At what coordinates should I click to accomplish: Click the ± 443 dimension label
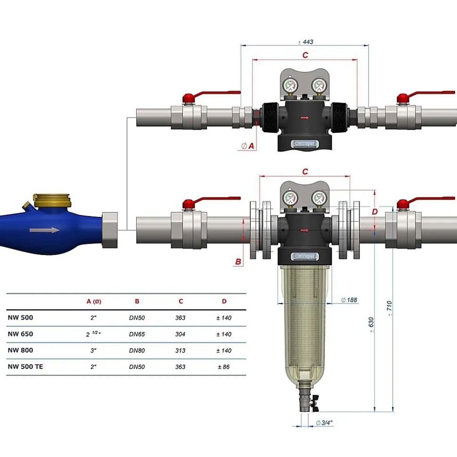pyautogui.click(x=306, y=42)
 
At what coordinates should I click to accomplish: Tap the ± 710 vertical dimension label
pyautogui.click(x=389, y=308)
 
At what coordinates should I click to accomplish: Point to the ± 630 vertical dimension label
pyautogui.click(x=371, y=325)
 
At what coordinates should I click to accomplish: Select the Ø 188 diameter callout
pyautogui.click(x=349, y=300)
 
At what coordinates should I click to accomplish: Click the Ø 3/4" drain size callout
pyautogui.click(x=324, y=423)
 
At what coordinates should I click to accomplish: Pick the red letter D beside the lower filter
pyautogui.click(x=375, y=212)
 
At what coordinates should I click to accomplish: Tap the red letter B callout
pyautogui.click(x=238, y=262)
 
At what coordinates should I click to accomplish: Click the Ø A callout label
pyautogui.click(x=247, y=146)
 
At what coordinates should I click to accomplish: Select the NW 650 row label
pyautogui.click(x=20, y=334)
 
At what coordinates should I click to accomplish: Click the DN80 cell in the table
pyautogui.click(x=137, y=350)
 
